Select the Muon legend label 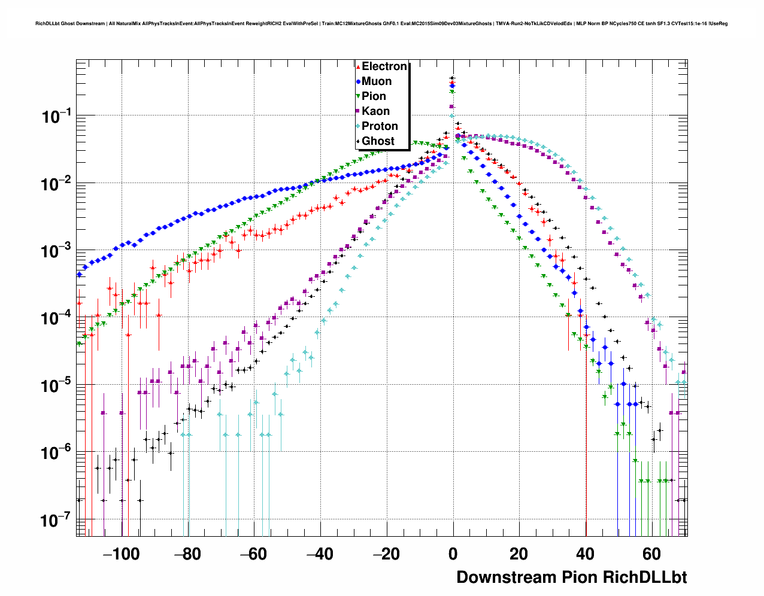376,81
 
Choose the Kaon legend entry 375,111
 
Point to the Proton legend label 380,126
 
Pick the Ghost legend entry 378,141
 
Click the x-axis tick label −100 122,554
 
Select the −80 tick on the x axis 187,554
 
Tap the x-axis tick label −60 254,554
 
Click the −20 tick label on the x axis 386,554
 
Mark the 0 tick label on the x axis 453,554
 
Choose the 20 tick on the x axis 519,554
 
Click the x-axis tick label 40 585,554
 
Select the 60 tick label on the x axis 651,554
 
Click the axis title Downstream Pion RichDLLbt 571,577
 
